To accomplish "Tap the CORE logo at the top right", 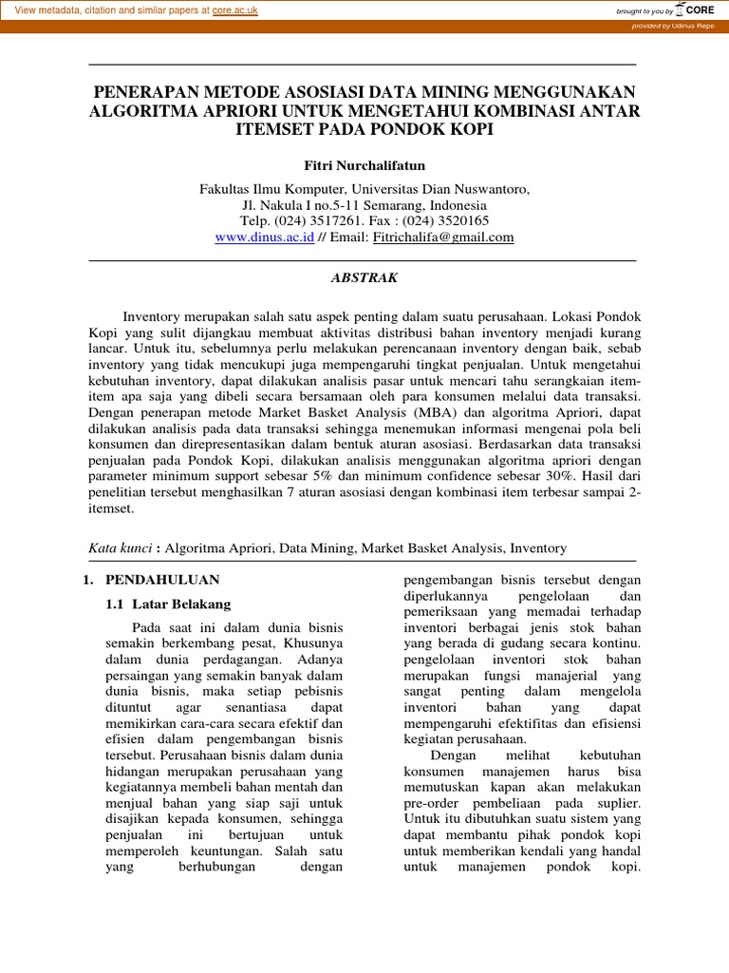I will click(695, 10).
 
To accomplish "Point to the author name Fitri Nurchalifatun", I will click(364, 165).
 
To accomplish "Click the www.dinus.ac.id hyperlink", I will click(264, 238).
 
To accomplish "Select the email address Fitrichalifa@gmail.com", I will click(443, 238).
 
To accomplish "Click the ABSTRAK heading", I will click(364, 278).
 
